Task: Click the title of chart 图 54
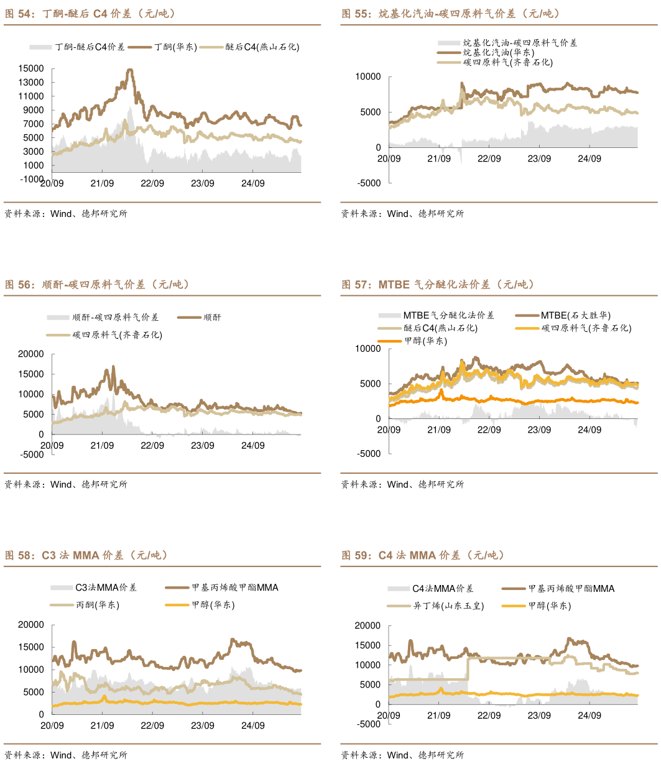pyautogui.click(x=91, y=14)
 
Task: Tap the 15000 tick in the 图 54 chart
pyautogui.click(x=31, y=68)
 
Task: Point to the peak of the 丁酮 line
pyautogui.click(x=130, y=70)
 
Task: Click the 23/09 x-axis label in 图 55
pyautogui.click(x=539, y=159)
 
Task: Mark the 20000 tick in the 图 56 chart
pyautogui.click(x=31, y=354)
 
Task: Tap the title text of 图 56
pyautogui.click(x=97, y=285)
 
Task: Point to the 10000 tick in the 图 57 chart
pyautogui.click(x=368, y=349)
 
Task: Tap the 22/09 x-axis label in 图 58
pyautogui.click(x=152, y=725)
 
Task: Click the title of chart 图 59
pyautogui.click(x=423, y=556)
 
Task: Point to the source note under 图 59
pyautogui.click(x=402, y=755)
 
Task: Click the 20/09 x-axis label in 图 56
pyautogui.click(x=52, y=446)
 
